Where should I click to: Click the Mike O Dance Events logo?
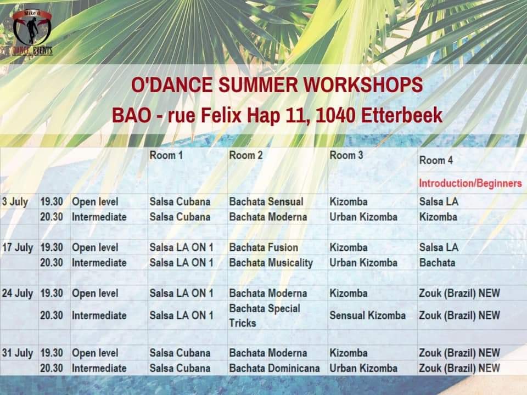(x=32, y=32)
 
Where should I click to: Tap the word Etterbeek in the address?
(x=402, y=116)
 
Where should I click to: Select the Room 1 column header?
(x=166, y=155)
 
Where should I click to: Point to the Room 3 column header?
(x=346, y=155)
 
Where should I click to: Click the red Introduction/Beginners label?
(x=470, y=183)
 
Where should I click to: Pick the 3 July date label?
(x=15, y=202)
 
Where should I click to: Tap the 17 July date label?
(x=18, y=248)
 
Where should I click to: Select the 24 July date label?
(x=18, y=294)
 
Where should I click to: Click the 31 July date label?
(x=18, y=353)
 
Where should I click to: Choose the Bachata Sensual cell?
(x=266, y=201)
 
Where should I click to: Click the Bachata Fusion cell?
(x=263, y=247)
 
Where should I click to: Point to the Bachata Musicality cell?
(x=271, y=263)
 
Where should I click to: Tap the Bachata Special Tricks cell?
(x=265, y=316)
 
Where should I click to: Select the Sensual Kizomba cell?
(x=367, y=315)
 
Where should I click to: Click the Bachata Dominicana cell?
(x=274, y=368)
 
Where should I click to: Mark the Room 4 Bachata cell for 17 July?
(x=438, y=263)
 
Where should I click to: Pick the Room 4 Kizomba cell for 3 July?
(x=438, y=217)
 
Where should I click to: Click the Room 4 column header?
(x=436, y=160)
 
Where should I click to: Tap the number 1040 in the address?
(x=336, y=116)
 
